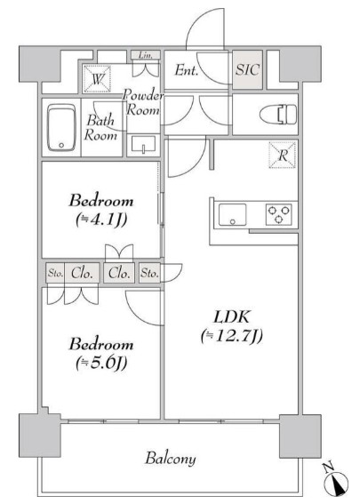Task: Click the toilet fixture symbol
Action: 278,115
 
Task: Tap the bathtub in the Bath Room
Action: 61,128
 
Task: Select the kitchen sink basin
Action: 232,215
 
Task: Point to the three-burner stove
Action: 279,214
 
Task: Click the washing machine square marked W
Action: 97,79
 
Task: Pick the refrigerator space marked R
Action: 283,156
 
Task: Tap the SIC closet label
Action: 247,69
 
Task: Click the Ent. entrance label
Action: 187,70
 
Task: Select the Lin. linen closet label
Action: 145,55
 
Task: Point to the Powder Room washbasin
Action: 143,144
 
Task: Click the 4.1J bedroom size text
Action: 101,220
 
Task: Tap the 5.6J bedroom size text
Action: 101,364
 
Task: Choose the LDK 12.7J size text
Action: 232,336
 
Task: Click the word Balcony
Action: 171,459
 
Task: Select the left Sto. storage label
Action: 55,273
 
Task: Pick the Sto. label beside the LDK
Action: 149,273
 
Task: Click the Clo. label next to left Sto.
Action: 83,273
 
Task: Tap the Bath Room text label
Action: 100,128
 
